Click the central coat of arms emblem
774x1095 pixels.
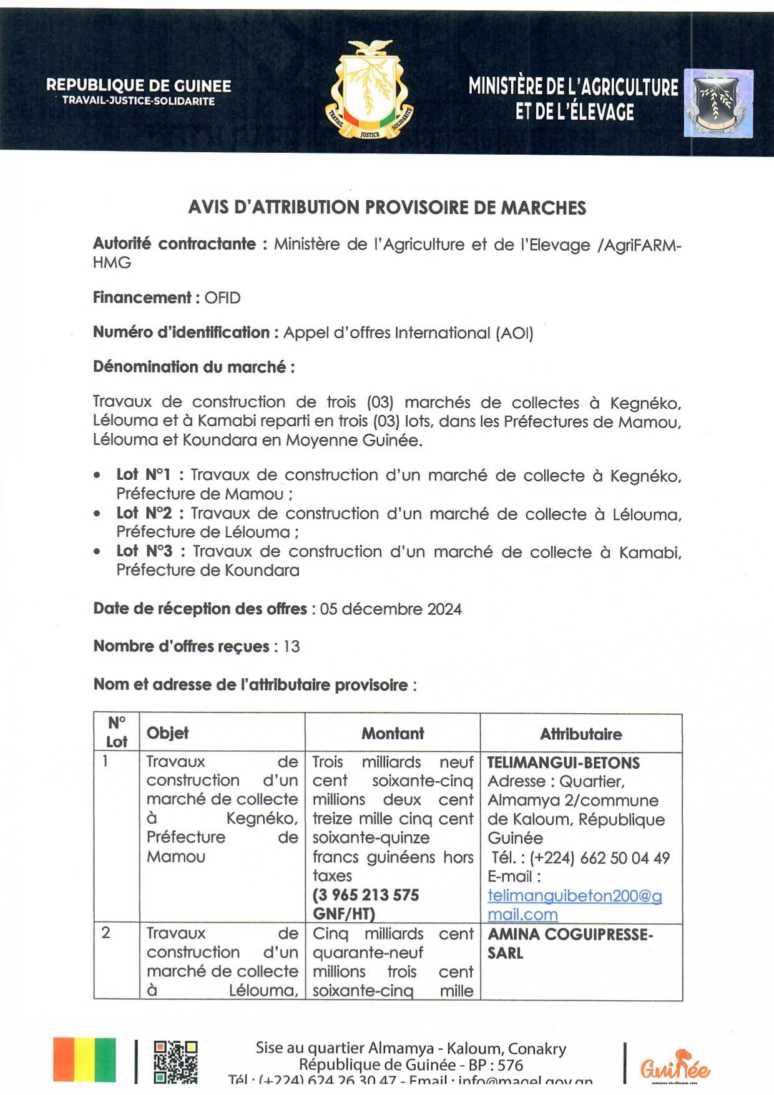(x=370, y=89)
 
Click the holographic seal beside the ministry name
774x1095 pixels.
(x=718, y=104)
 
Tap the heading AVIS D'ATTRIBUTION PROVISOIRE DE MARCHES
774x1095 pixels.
(x=387, y=208)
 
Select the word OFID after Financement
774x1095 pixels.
(x=222, y=298)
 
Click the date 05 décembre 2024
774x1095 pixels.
(x=391, y=609)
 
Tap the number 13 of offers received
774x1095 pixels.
(x=291, y=646)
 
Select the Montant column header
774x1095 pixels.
(x=393, y=734)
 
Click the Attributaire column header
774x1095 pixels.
(x=580, y=734)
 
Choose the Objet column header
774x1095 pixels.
(x=167, y=733)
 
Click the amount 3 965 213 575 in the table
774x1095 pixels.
(x=366, y=895)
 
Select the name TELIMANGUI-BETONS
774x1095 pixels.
(x=563, y=763)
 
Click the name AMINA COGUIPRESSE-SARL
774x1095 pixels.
(x=570, y=943)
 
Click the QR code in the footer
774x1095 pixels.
(x=176, y=1061)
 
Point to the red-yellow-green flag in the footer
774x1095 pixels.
(x=84, y=1059)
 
